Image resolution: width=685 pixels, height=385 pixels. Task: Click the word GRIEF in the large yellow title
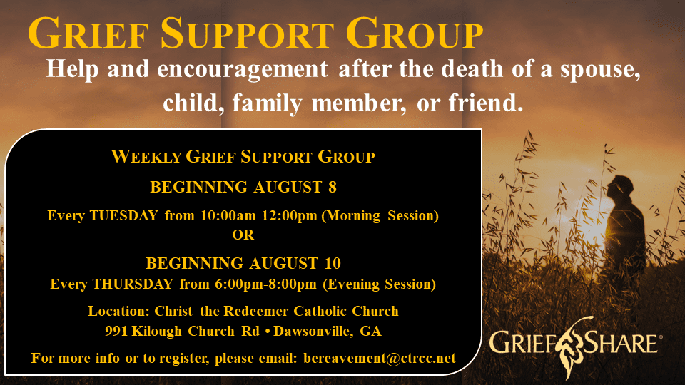(88, 34)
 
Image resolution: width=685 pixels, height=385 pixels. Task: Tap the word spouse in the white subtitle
(600, 69)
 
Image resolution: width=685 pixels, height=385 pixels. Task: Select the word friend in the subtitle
(486, 103)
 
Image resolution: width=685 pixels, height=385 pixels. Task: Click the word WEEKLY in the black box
(146, 156)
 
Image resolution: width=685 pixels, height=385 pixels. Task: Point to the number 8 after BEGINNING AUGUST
(333, 187)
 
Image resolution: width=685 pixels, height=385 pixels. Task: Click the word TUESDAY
(123, 215)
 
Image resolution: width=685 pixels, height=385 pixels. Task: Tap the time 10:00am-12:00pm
(258, 215)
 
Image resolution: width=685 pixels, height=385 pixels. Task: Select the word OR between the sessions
(243, 235)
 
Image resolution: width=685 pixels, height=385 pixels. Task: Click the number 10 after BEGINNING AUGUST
(333, 263)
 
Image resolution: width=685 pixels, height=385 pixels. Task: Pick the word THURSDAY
(133, 284)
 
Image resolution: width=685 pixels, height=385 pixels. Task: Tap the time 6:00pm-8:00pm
(265, 284)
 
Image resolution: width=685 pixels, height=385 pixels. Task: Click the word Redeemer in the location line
(255, 311)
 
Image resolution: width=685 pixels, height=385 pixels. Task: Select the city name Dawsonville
(313, 332)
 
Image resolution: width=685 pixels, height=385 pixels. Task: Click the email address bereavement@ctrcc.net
(380, 359)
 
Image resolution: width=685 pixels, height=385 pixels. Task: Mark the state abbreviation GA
(370, 332)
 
